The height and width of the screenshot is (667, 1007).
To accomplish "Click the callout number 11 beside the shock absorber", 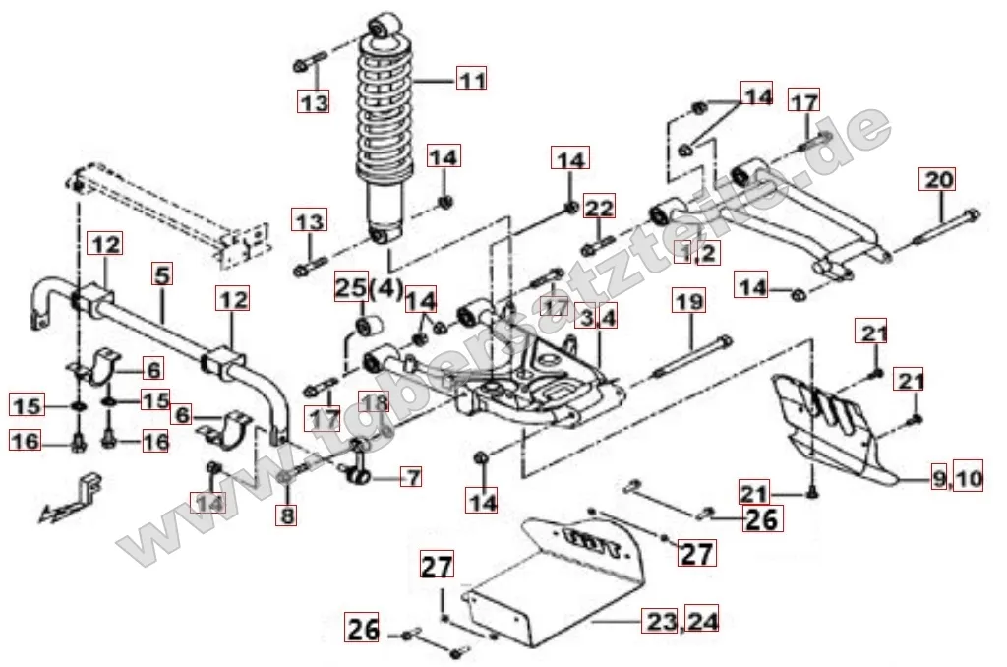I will coord(472,79).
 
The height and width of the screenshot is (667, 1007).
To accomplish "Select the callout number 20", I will coord(937,180).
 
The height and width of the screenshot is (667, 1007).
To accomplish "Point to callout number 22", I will coord(599,208).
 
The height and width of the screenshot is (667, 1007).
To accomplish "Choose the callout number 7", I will coord(411,478).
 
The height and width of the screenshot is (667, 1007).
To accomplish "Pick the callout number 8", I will coord(286,514).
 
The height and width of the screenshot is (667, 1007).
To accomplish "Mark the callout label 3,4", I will coord(597,318).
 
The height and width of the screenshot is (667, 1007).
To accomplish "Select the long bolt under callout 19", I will coord(693,355).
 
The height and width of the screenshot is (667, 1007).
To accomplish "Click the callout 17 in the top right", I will coord(804,102).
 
